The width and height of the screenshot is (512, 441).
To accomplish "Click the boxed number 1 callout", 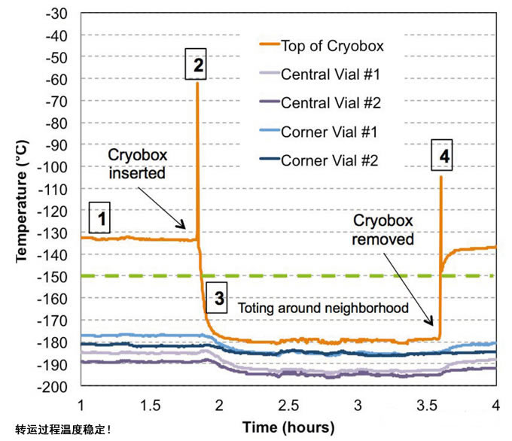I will pos(100,219).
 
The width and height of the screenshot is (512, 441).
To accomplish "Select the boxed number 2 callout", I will pos(197,65).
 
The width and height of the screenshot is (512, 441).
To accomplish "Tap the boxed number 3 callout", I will pos(219,298).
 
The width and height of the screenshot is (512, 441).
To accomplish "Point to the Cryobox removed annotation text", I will pos(386,230).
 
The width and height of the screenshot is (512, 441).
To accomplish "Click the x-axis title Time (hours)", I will pos(288,427).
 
